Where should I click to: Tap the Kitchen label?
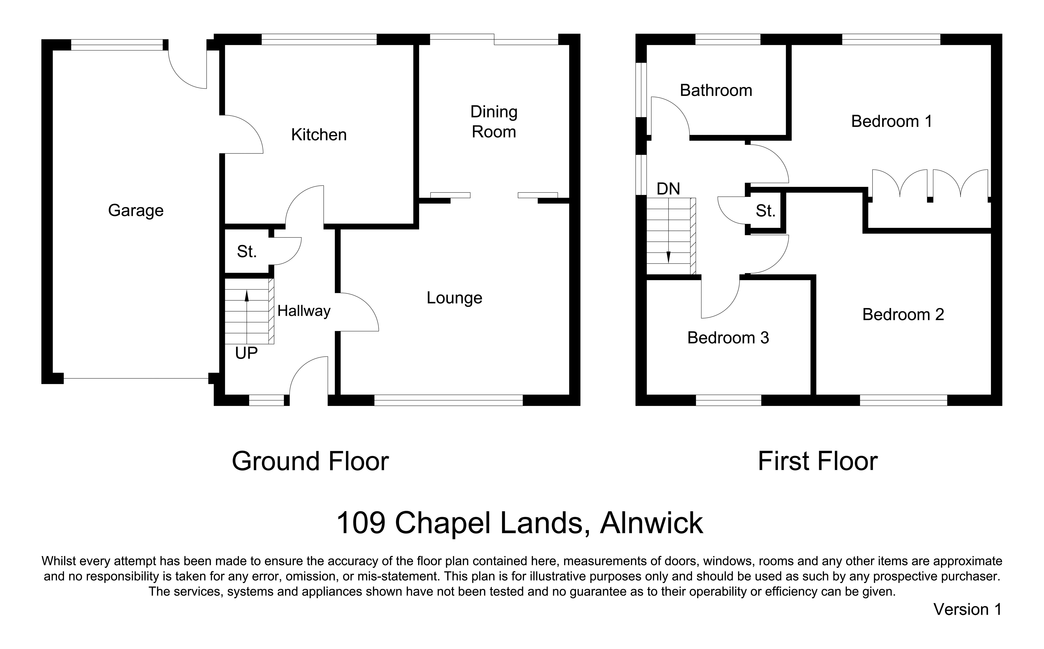pos(319,135)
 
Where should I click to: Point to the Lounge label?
pos(454,298)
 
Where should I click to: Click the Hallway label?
pos(304,311)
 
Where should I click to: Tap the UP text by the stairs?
pos(246,353)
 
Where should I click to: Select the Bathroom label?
pos(716,91)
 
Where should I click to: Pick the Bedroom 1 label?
pos(892,122)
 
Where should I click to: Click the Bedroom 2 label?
pos(903,315)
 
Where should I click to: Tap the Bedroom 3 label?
pos(728,338)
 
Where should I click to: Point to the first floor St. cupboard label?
pos(765,211)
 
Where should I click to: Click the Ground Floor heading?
pos(310,461)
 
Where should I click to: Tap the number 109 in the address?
pos(361,523)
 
